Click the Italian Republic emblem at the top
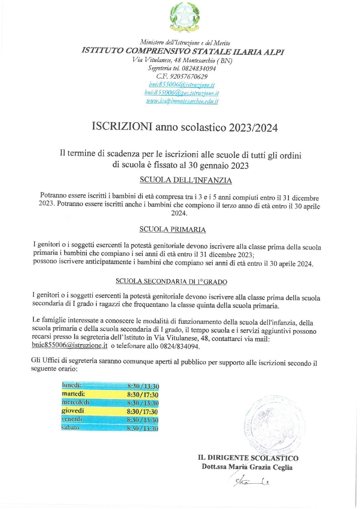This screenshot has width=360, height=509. [184, 17]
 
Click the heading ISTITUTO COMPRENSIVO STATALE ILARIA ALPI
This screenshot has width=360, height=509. [183, 51]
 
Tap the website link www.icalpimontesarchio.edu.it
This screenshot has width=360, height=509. [182, 101]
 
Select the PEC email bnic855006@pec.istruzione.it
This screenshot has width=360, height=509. [182, 93]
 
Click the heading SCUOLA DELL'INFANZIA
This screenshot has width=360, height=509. [186, 180]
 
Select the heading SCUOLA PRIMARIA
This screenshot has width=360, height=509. [172, 229]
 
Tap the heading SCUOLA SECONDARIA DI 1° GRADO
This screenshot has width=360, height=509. [171, 281]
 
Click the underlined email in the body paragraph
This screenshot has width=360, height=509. [70, 346]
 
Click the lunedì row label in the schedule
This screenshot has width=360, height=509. [71, 385]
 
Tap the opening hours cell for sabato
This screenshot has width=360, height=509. [142, 429]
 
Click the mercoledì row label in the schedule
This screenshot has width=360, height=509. [75, 402]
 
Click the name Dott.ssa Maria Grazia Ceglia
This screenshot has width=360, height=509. [247, 467]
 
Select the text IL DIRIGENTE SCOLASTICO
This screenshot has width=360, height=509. [248, 458]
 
